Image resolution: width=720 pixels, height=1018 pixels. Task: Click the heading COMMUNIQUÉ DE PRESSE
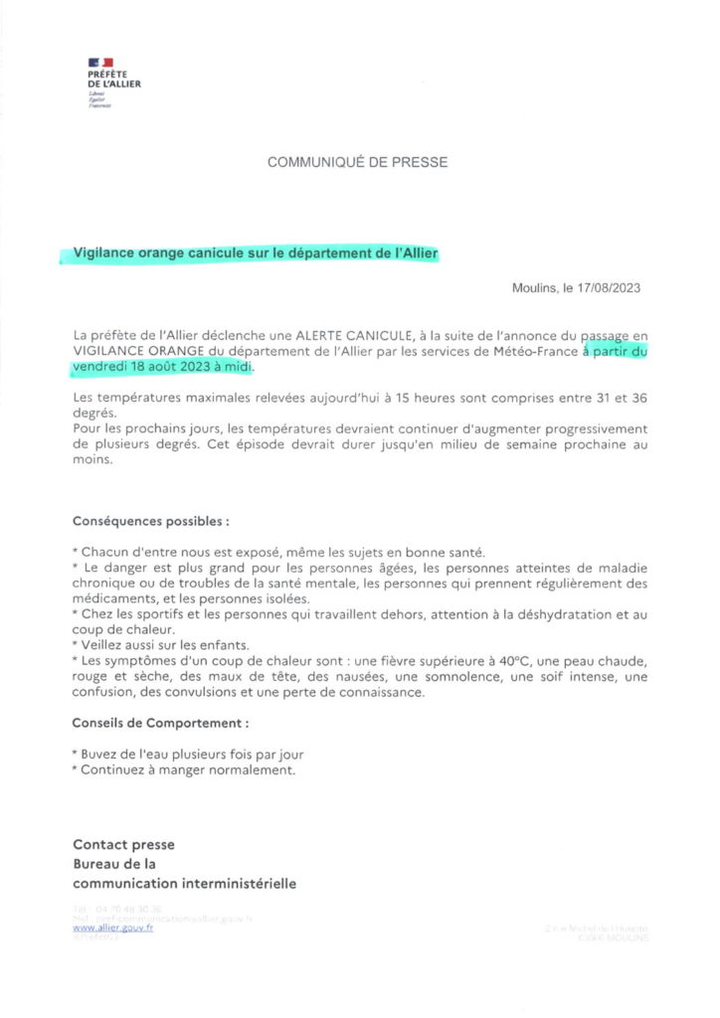click(358, 161)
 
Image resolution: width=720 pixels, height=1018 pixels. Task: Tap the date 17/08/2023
click(607, 288)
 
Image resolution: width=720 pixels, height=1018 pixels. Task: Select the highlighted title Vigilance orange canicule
click(257, 254)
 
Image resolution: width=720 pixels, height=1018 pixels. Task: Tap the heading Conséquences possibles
click(150, 520)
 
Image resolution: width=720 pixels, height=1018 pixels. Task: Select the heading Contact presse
click(123, 844)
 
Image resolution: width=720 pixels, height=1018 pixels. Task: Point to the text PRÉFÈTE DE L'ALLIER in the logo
click(113, 80)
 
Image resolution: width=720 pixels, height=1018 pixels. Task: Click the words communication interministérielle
click(184, 883)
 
